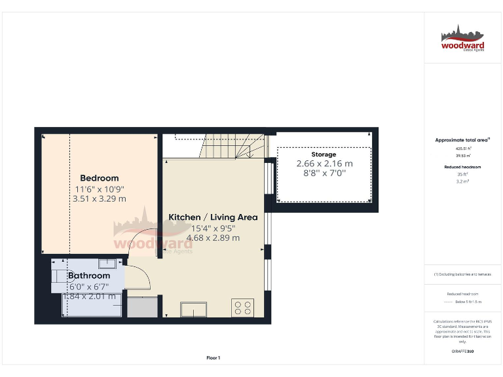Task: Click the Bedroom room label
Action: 99,178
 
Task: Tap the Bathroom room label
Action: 89,276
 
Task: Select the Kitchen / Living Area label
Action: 213,217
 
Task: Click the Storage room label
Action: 324,154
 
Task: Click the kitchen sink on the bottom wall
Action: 195,309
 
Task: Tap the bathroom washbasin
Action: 107,263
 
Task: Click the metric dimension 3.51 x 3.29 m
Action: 99,198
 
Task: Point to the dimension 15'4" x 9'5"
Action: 213,228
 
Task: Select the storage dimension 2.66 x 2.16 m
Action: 324,164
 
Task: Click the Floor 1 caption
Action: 213,357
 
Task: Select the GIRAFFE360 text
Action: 462,351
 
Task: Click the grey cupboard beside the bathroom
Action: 142,306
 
